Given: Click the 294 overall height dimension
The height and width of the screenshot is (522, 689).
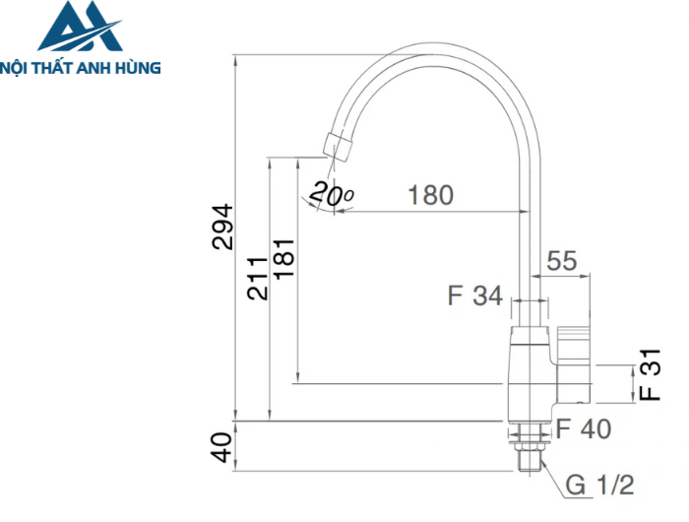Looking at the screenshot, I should click(x=223, y=226).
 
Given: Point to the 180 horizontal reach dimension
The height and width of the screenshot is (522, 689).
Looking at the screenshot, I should click(x=430, y=195).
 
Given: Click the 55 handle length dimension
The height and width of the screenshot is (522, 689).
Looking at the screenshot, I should click(x=561, y=261).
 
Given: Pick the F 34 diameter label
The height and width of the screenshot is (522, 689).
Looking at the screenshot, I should click(x=474, y=295).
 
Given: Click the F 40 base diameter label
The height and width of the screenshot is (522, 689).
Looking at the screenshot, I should click(x=583, y=429).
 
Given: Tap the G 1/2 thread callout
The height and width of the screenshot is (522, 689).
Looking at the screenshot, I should click(x=599, y=485).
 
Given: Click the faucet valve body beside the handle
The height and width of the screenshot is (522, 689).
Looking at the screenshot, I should click(x=530, y=369).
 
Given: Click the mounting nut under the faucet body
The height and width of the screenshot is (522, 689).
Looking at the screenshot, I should click(x=529, y=429).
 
